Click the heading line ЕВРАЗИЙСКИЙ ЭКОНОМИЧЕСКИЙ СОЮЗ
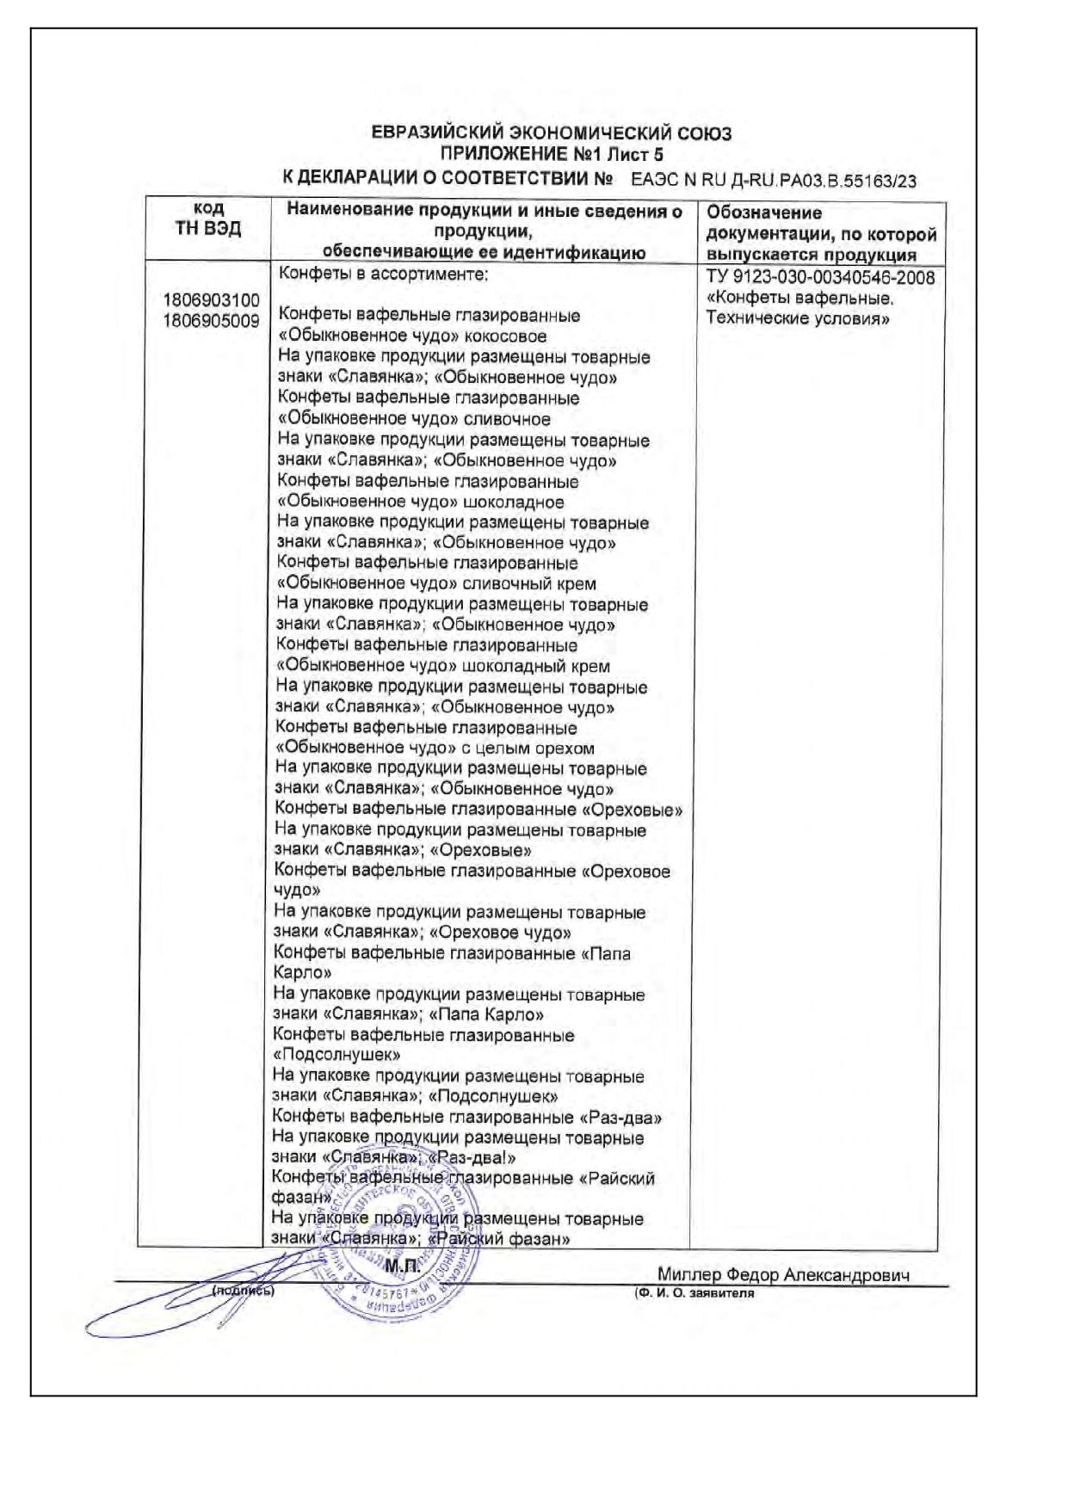[551, 133]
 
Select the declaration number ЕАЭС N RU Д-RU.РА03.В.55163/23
[774, 181]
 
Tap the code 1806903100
[211, 301]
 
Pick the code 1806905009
[211, 322]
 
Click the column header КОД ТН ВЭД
[208, 219]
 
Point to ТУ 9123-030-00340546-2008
[820, 278]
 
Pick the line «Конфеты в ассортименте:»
[383, 275]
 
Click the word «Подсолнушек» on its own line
[336, 1056]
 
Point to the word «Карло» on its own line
[302, 974]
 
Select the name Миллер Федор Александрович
[783, 1275]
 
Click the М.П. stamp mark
[402, 1267]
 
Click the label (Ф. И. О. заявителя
[694, 1294]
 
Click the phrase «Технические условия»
[798, 319]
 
